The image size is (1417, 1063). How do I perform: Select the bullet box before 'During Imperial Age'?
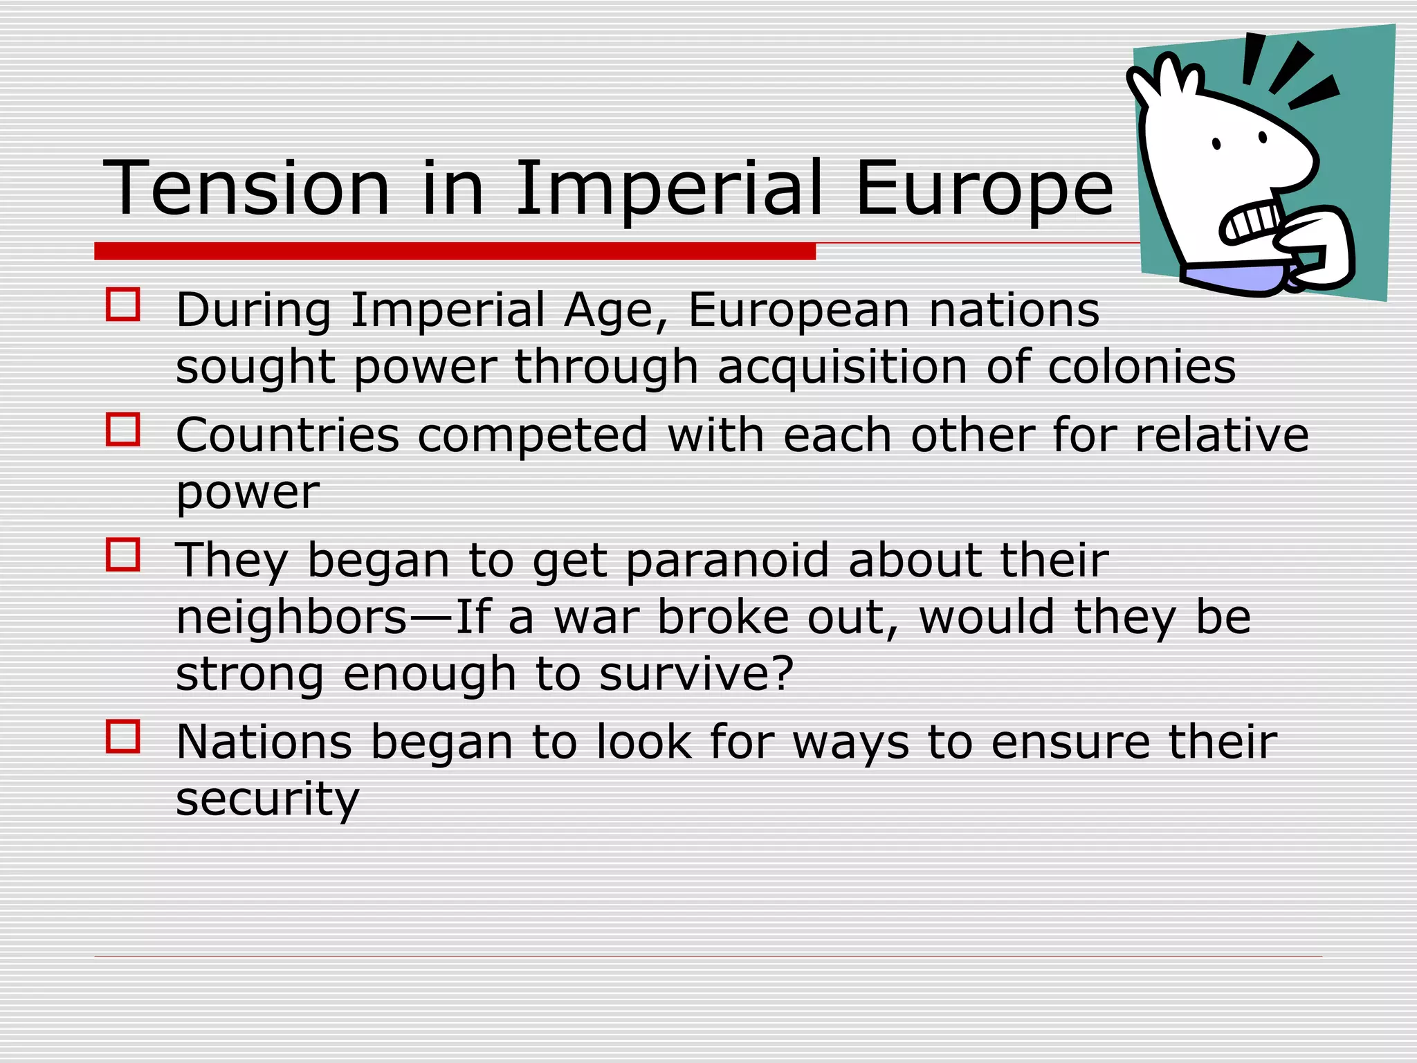point(123,305)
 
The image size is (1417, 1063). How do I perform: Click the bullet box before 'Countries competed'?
point(123,430)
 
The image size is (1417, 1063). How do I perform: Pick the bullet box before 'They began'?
point(123,555)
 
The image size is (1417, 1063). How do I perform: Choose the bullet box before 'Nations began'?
point(123,736)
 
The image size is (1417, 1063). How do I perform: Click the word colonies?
point(1142,367)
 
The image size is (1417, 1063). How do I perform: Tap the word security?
point(268,799)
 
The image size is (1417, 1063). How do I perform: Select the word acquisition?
point(842,368)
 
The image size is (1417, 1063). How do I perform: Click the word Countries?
point(288,436)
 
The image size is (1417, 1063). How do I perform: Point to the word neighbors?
point(291,617)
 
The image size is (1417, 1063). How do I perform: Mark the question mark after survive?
point(781,673)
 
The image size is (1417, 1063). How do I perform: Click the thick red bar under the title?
point(455,251)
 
